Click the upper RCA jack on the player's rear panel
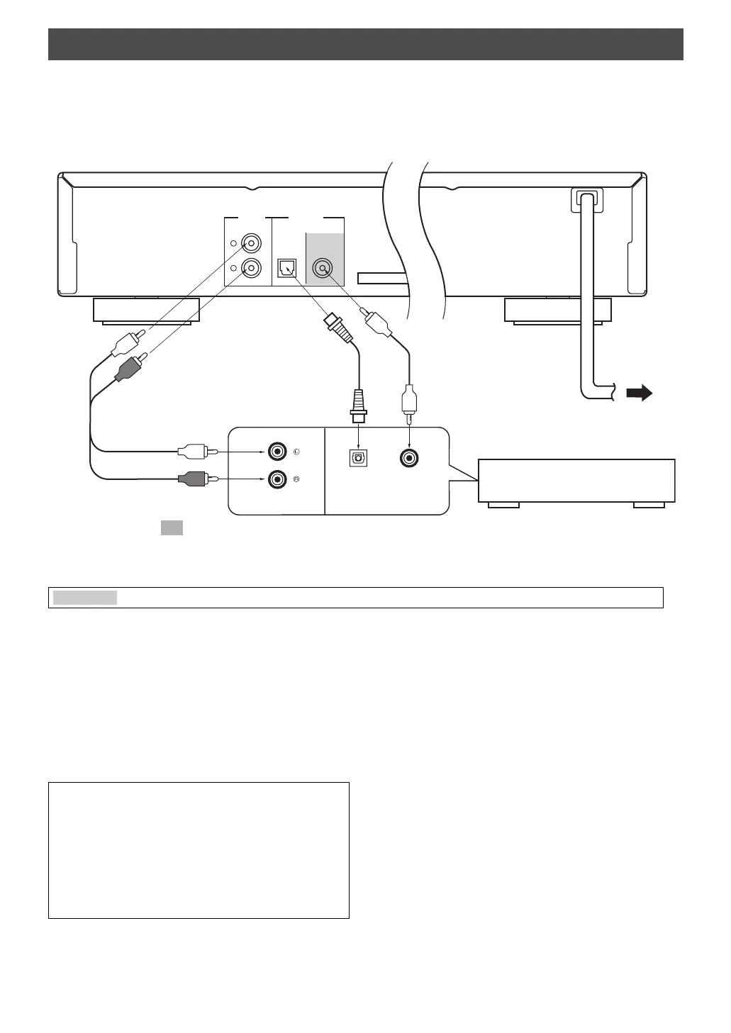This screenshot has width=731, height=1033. click(251, 243)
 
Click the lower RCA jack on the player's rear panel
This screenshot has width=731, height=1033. click(251, 269)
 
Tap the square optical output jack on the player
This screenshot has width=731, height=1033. click(286, 269)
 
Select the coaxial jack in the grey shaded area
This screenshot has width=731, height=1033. click(323, 269)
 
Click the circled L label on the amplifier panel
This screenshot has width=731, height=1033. click(296, 452)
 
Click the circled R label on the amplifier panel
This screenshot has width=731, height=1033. click(296, 480)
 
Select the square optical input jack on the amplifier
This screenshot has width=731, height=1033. click(359, 458)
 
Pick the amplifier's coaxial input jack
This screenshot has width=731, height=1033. click(409, 458)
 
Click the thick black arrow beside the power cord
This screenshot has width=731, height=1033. click(640, 392)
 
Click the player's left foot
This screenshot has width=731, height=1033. click(146, 310)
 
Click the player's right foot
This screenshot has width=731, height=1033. click(557, 310)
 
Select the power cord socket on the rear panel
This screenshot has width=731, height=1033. click(586, 200)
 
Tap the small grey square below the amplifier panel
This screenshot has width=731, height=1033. click(172, 527)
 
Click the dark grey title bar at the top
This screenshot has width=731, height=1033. click(365, 44)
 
